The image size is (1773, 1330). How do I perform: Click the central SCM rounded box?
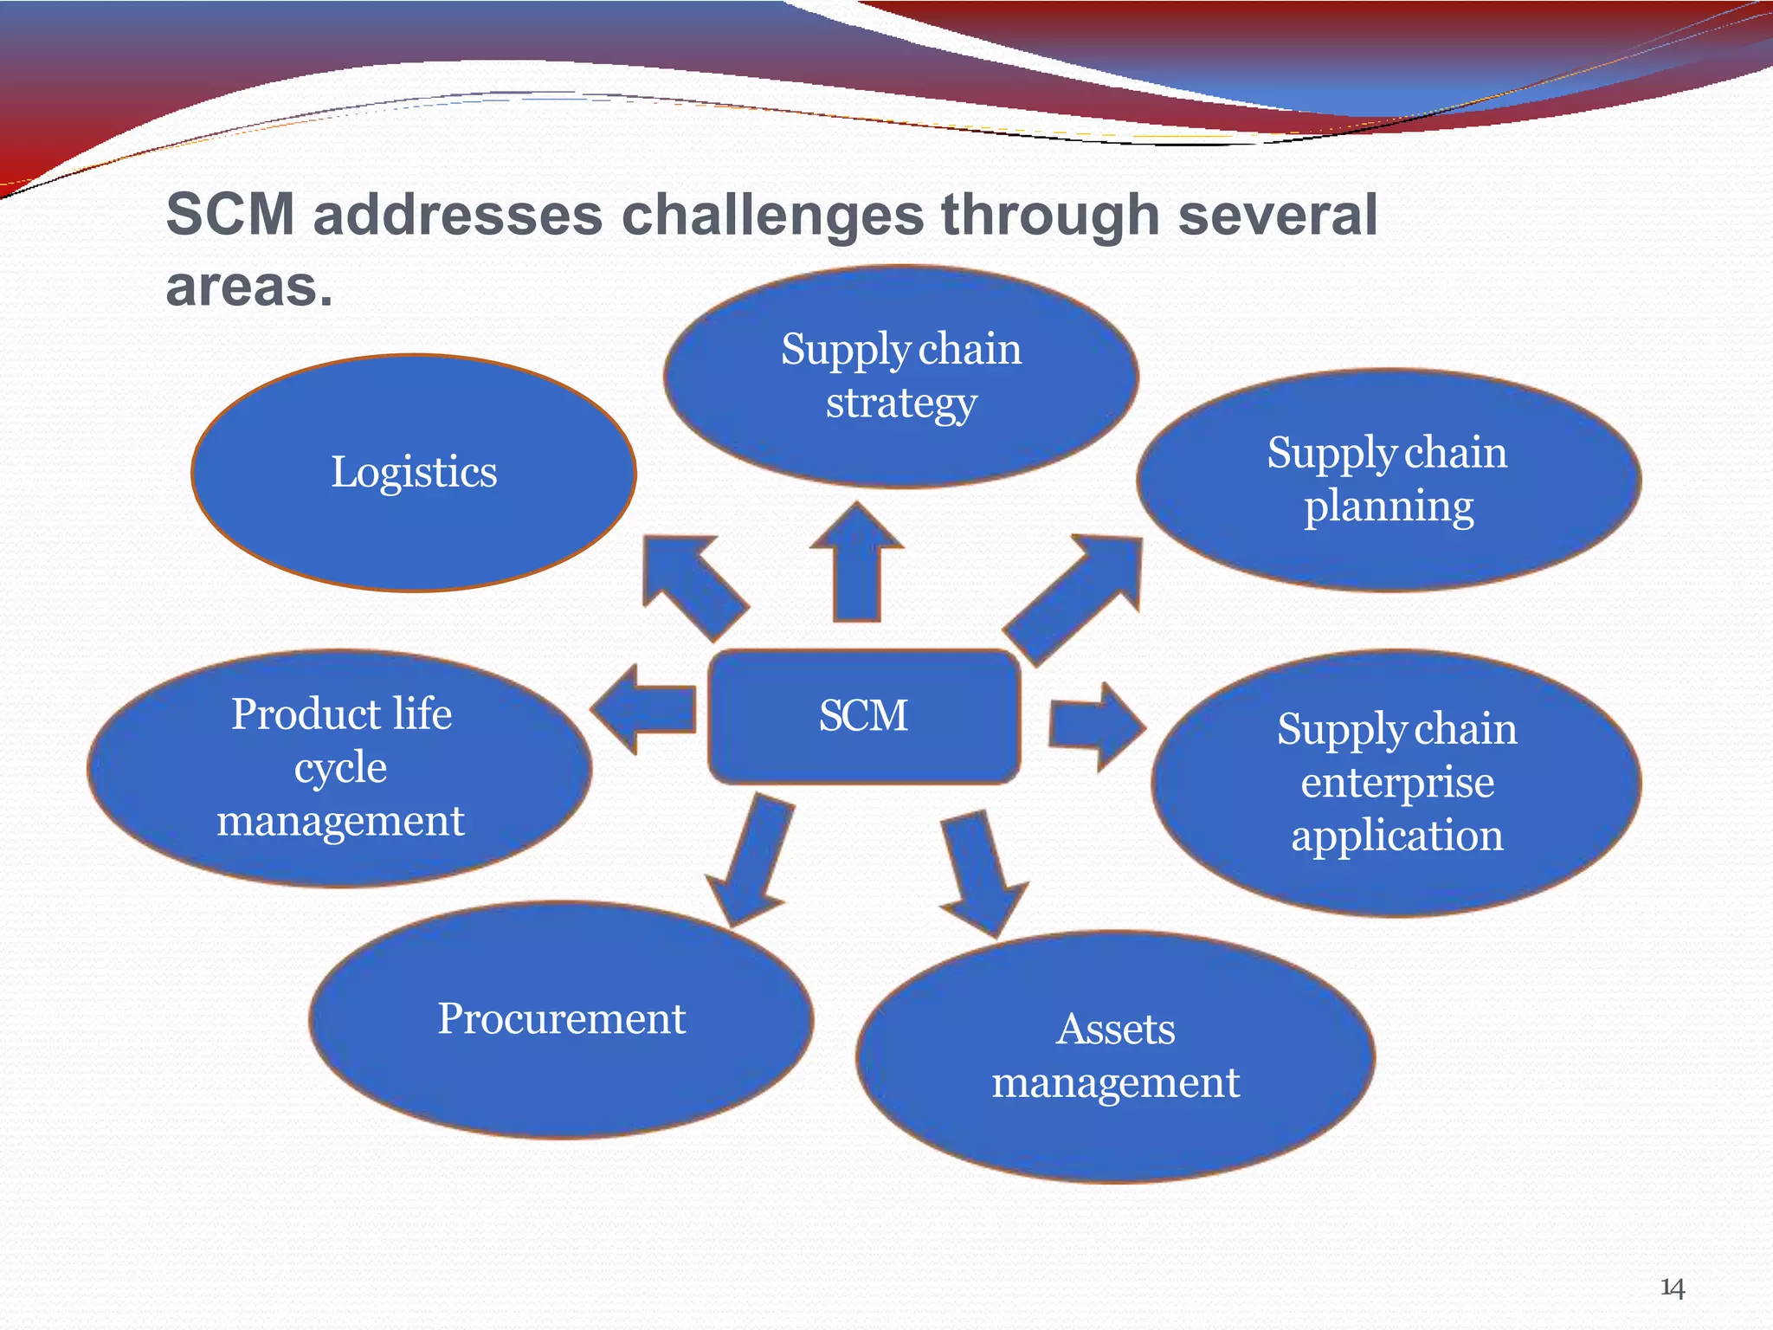(863, 716)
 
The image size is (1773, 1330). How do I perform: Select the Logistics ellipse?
(414, 473)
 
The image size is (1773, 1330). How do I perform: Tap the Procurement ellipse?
(561, 1019)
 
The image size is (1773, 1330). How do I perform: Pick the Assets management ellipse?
(1115, 1056)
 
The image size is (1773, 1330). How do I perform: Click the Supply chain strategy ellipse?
(900, 376)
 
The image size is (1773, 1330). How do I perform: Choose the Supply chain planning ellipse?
(1388, 480)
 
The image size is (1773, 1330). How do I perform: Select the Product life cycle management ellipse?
(340, 768)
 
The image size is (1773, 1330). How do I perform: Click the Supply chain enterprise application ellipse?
(1396, 783)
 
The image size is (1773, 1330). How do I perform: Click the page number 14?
(1672, 1288)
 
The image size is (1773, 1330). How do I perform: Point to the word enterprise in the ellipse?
(1396, 783)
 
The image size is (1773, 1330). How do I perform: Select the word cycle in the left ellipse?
(340, 768)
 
